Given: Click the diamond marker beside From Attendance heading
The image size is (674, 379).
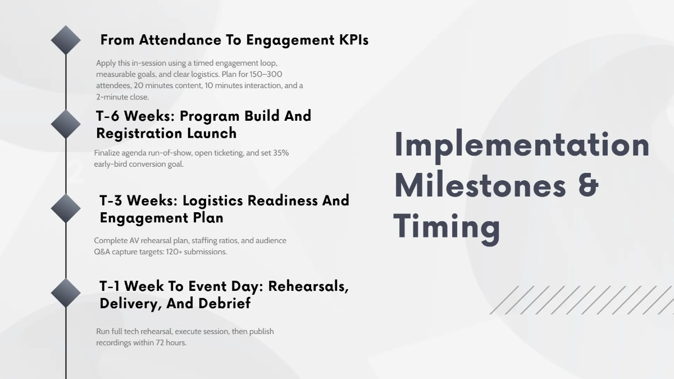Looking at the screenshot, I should [x=66, y=40].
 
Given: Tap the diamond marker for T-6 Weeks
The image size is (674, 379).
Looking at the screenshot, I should [x=66, y=124].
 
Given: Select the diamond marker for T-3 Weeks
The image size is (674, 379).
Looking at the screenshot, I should [x=66, y=208].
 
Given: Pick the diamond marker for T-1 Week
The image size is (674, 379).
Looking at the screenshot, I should [x=66, y=293].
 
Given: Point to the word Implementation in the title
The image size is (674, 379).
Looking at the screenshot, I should [x=522, y=145].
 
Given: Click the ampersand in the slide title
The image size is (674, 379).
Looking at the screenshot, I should [x=588, y=186].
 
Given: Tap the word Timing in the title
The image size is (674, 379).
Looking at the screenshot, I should [x=447, y=227].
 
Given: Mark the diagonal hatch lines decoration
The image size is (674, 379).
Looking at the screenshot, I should [x=581, y=300].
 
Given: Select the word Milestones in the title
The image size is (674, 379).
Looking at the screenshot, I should [x=480, y=186].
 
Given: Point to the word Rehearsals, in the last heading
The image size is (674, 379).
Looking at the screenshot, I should [x=308, y=286].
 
